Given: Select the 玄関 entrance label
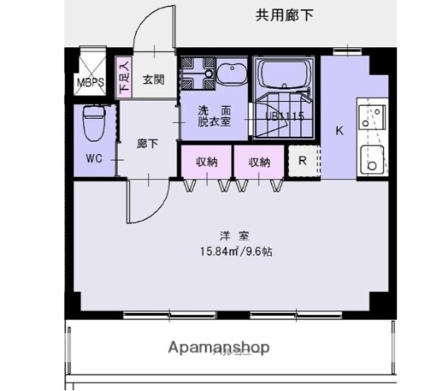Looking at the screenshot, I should pyautogui.click(x=153, y=80).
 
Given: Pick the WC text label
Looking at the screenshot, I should pyautogui.click(x=93, y=160).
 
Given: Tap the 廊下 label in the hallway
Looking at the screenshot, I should pyautogui.click(x=146, y=143).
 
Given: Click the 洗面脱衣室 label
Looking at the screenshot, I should pyautogui.click(x=214, y=115).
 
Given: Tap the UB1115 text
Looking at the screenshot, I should pyautogui.click(x=285, y=116).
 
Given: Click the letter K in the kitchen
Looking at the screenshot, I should pyautogui.click(x=339, y=130).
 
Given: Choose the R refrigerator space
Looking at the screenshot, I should pyautogui.click(x=302, y=160).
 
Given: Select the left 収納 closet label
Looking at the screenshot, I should pyautogui.click(x=207, y=162).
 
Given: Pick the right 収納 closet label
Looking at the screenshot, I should pyautogui.click(x=260, y=162).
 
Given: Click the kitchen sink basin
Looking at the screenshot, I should pyautogui.click(x=374, y=160).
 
